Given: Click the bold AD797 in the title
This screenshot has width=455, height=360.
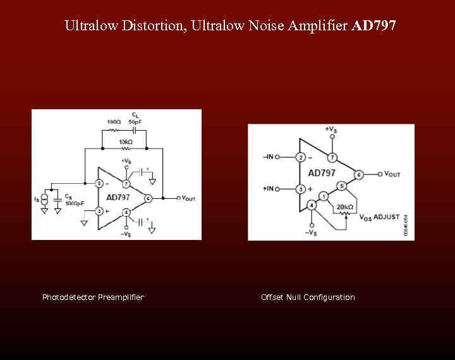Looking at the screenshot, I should coord(373,26).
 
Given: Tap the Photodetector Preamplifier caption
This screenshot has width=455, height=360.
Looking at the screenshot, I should coord(93,297).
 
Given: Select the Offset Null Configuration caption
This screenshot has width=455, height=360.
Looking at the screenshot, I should coord(308,297).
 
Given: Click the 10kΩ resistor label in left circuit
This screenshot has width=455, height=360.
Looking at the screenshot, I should coord(125,142).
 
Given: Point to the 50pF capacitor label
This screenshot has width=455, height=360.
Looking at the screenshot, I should coord(135,121).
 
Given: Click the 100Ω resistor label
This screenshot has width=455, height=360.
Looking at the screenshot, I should coord(114,121).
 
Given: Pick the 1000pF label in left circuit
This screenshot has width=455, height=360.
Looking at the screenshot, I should coord(75,203).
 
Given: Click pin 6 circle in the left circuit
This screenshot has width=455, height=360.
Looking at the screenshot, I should coord(148,198).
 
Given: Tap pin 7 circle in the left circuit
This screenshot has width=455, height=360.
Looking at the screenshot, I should coord(126,184).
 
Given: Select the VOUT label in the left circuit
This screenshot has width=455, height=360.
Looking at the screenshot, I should coord(188,198).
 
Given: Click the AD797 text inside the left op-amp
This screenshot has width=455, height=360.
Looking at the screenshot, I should coord(118,197).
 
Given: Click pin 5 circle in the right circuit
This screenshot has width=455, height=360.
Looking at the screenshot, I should coord(341,186).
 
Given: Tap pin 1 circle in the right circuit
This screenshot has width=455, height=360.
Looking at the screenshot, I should coord(324,196).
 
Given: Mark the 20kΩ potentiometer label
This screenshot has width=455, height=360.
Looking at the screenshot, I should coord(344,207).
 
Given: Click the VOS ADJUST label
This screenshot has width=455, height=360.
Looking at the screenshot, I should coord(379,217).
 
